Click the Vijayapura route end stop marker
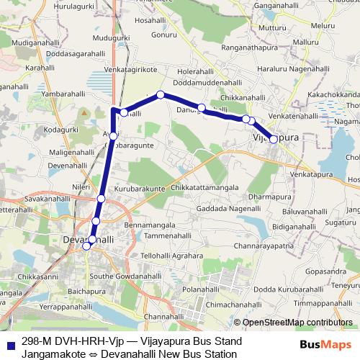pos(274,139)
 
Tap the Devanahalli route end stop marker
pos(86,246)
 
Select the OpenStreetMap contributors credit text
pos(297,323)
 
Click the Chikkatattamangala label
pos(205,188)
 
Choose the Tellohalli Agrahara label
pos(172,256)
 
